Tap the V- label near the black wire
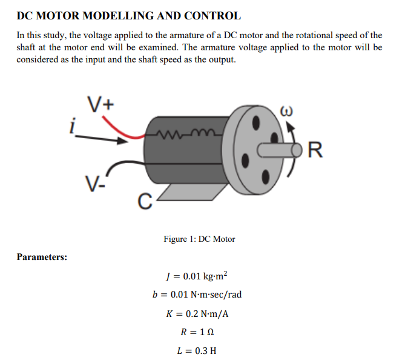pos(93,182)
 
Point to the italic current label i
pos(73,127)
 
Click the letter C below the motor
pos(142,200)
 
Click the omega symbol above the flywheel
pos(287,112)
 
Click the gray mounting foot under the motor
pos(187,192)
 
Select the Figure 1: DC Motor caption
pos(199,239)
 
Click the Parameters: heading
pos(42,257)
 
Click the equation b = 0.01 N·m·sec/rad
pos(197,295)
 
